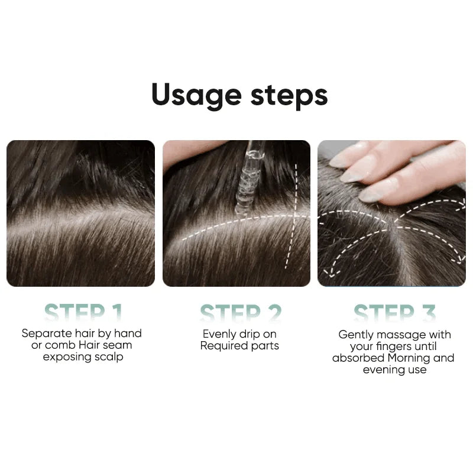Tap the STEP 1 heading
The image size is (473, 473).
click(x=83, y=313)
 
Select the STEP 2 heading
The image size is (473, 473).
click(x=240, y=313)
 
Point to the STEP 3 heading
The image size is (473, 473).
click(x=394, y=313)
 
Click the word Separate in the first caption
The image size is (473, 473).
click(x=45, y=333)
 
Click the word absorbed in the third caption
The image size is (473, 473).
click(x=358, y=358)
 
